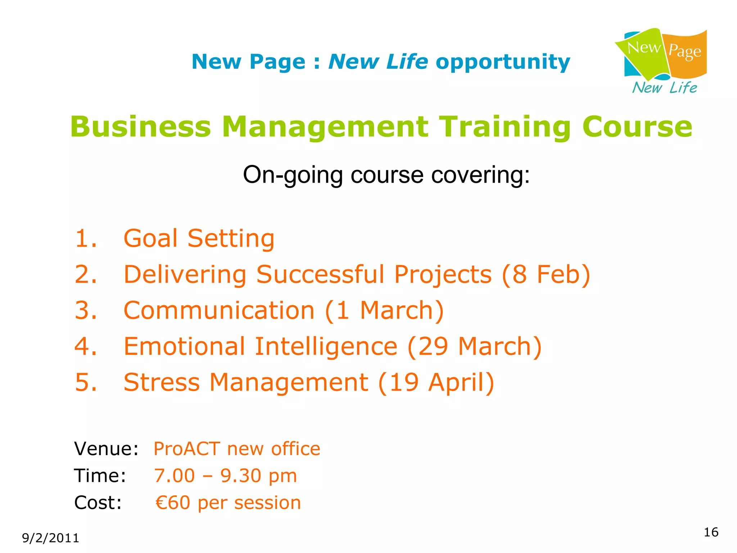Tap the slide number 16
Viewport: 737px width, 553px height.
pyautogui.click(x=711, y=532)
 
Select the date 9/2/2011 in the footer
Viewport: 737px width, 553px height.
pyautogui.click(x=50, y=538)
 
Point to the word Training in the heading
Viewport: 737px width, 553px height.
pyautogui.click(x=506, y=127)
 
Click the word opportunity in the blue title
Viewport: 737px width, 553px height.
pyautogui.click(x=503, y=62)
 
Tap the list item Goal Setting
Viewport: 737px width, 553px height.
pyautogui.click(x=199, y=238)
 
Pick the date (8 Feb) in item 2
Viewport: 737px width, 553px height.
pyautogui.click(x=546, y=274)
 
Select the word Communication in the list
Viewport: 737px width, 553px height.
pyautogui.click(x=219, y=310)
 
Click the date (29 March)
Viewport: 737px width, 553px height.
pyautogui.click(x=474, y=346)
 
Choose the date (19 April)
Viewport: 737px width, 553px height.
pyautogui.click(x=436, y=382)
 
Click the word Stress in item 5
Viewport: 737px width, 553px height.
pyautogui.click(x=162, y=382)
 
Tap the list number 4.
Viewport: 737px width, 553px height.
pyautogui.click(x=85, y=346)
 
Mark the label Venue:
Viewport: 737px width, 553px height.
pyautogui.click(x=106, y=449)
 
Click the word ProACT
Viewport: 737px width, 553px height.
pyautogui.click(x=187, y=449)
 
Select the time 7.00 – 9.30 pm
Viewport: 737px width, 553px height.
pyautogui.click(x=225, y=476)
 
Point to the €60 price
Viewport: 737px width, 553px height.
pyautogui.click(x=173, y=503)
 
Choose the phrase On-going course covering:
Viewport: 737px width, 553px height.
pyautogui.click(x=386, y=175)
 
